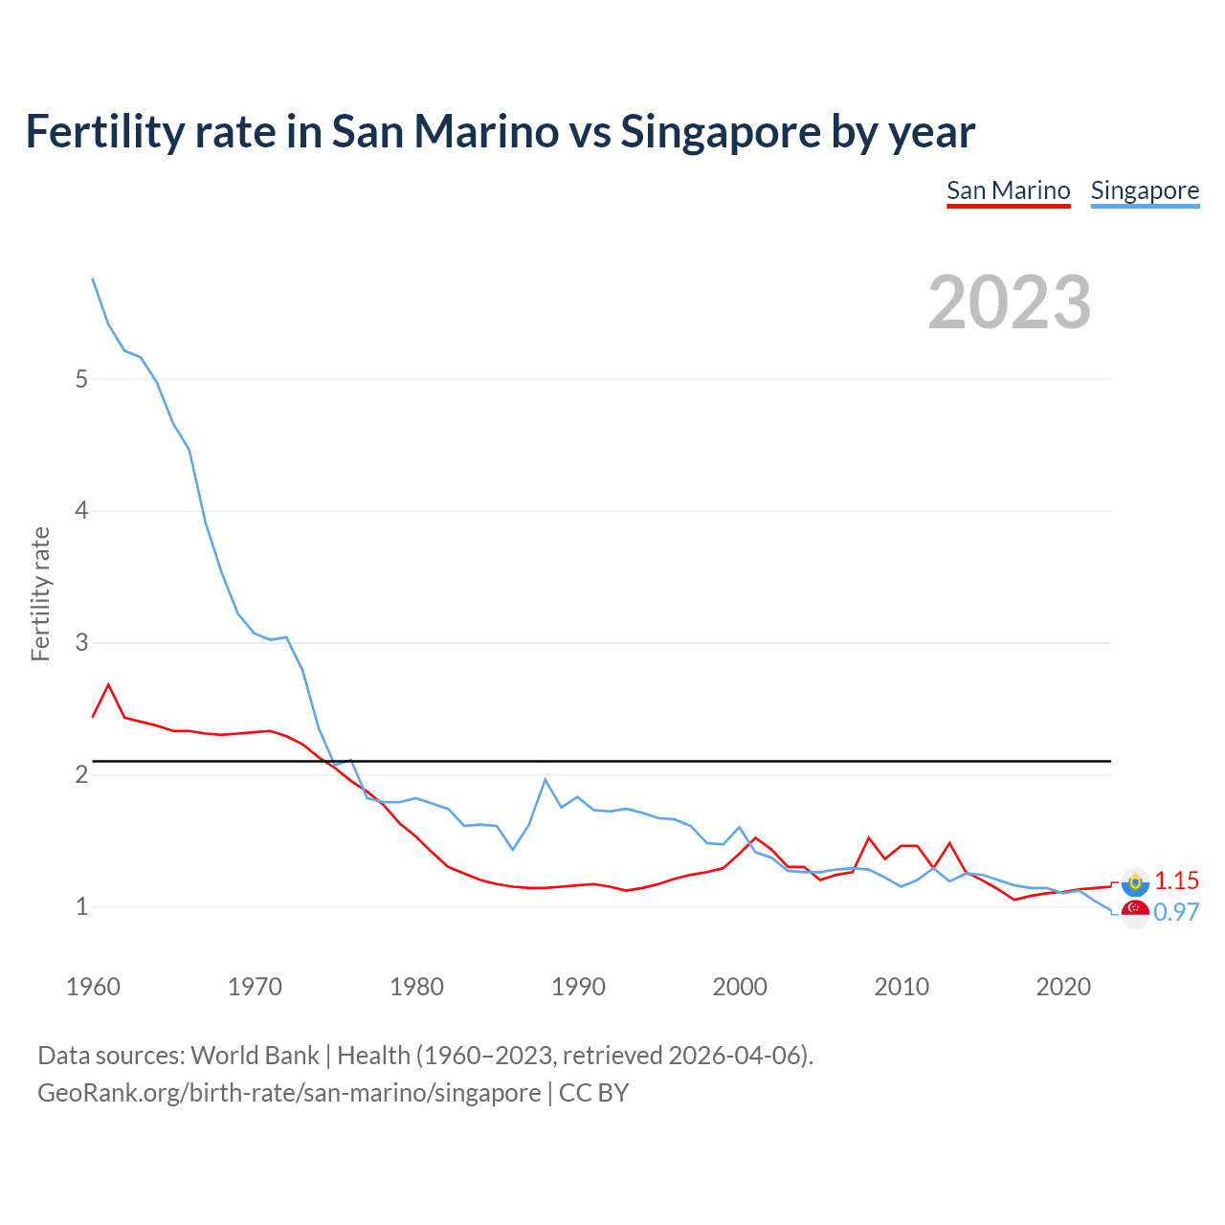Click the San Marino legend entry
tap(1008, 190)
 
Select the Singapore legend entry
tap(1145, 190)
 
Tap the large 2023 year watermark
tap(1010, 302)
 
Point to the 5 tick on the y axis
tap(81, 379)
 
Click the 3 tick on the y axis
tap(81, 642)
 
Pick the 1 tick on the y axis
tap(81, 906)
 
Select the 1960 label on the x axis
tap(93, 987)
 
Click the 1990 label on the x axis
tap(578, 987)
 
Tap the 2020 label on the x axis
tap(1063, 987)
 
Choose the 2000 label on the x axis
tap(740, 987)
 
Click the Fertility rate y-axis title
tap(40, 593)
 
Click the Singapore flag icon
tap(1135, 913)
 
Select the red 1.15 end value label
tap(1176, 881)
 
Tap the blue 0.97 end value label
tap(1176, 913)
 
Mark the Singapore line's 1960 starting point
tap(93, 278)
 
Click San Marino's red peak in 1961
tap(108, 684)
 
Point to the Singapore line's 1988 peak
tap(546, 779)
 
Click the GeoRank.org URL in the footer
tap(289, 1093)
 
